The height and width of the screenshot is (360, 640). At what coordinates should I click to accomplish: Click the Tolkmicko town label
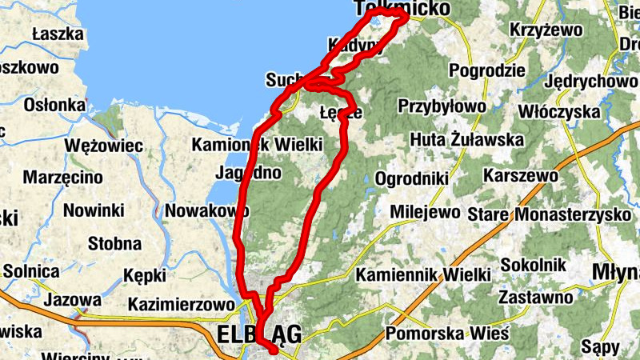pos(381,8)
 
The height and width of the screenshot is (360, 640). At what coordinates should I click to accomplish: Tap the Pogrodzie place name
pos(487,70)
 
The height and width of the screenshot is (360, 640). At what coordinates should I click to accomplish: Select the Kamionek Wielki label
pos(257,145)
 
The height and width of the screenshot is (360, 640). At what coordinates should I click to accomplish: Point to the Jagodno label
pos(249,172)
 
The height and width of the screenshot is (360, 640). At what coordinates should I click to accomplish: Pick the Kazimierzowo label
pos(182,304)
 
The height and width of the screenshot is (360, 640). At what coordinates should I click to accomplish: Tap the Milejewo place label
pos(425,213)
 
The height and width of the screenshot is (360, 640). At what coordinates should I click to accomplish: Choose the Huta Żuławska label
pos(466,140)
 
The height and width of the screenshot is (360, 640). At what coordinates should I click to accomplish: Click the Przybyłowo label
pos(442,106)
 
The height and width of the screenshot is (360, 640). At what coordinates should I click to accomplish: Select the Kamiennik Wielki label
pos(423,274)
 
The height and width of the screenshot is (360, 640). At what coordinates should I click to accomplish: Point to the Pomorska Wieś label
pos(446,333)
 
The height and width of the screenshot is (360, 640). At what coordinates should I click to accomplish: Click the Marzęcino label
pos(62,177)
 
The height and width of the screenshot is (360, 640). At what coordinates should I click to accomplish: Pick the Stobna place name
pos(114,243)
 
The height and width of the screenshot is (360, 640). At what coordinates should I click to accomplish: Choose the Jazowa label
pos(73,301)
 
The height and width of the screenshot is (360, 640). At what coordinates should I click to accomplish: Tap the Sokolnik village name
pos(533,265)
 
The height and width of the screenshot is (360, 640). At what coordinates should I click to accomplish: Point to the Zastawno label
pos(535,298)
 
